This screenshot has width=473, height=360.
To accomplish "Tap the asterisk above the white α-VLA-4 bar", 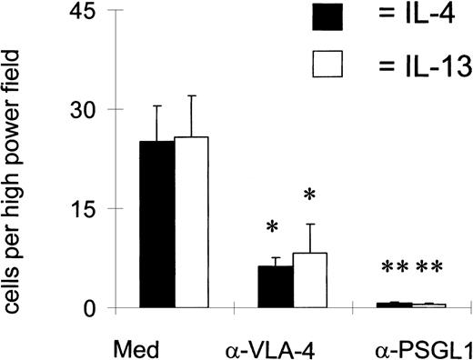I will [309, 195].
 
